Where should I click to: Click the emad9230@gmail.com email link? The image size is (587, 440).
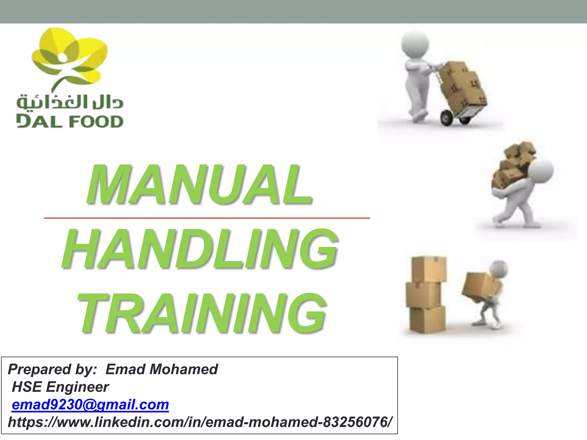click(90, 404)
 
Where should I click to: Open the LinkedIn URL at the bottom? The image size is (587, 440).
click(199, 422)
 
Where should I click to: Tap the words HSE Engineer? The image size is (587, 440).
click(60, 387)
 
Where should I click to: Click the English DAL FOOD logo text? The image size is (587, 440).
click(70, 121)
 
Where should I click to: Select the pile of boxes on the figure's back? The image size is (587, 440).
click(512, 166)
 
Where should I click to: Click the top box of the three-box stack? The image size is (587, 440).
click(428, 269)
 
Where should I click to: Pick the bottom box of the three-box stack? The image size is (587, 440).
click(427, 319)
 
